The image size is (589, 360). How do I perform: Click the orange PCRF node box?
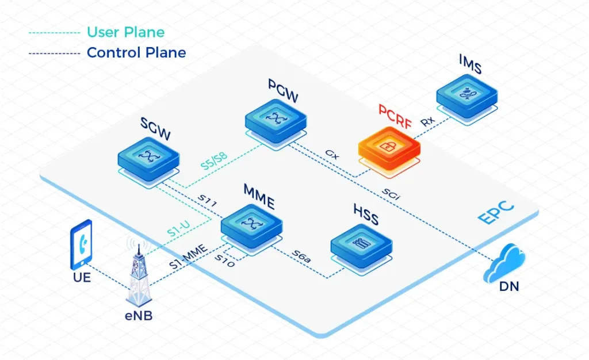click(x=389, y=145)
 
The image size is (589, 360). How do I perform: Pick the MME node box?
click(x=251, y=223)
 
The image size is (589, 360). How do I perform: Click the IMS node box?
click(x=467, y=95)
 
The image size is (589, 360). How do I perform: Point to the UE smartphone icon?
click(x=81, y=244)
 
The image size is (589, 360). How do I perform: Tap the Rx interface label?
click(x=428, y=121)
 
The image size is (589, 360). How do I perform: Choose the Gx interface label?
click(x=332, y=154)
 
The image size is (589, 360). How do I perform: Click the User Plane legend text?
click(x=125, y=33)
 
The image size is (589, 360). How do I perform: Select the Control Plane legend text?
click(x=136, y=53)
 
